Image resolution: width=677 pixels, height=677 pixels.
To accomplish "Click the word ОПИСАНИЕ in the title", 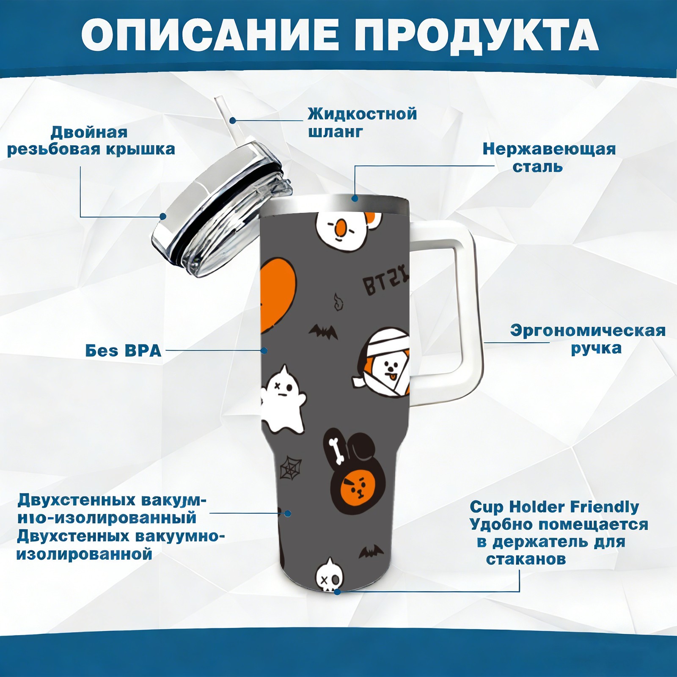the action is click(x=210, y=35).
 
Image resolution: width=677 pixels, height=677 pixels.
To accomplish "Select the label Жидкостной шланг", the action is click(x=362, y=123).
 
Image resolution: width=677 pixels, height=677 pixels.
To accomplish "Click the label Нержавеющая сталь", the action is click(x=549, y=157).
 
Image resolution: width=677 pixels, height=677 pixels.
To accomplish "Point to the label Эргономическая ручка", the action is click(x=588, y=339).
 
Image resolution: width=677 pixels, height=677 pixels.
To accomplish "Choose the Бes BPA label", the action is click(x=123, y=351).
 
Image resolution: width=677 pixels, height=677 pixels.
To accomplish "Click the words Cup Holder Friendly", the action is click(x=554, y=506).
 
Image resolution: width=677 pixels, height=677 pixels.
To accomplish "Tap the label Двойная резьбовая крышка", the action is click(x=91, y=140).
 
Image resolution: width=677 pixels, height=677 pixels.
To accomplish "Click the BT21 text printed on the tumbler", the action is click(x=386, y=281).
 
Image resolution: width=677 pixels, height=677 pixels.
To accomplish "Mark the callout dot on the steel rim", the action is click(x=355, y=198).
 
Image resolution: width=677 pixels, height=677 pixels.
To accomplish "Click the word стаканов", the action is click(x=526, y=559).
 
